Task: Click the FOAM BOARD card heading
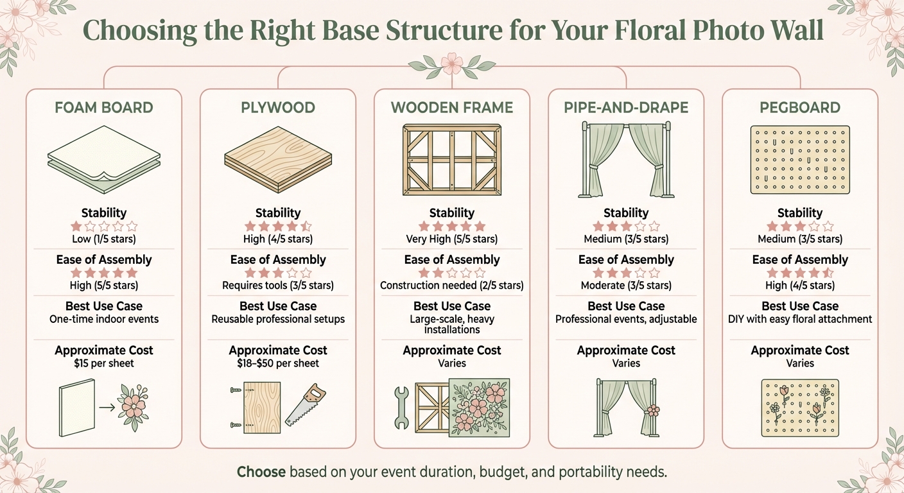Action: click(x=104, y=107)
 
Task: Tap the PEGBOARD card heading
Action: click(x=799, y=107)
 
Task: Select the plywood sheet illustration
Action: click(x=278, y=158)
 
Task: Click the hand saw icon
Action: click(x=304, y=404)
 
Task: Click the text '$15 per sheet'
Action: click(x=104, y=363)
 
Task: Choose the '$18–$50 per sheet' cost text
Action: click(x=278, y=363)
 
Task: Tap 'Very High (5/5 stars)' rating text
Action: click(x=452, y=239)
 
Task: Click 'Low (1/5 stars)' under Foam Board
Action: click(x=104, y=239)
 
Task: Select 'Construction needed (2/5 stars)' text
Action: click(x=452, y=285)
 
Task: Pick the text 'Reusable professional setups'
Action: click(x=278, y=319)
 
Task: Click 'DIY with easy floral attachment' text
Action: click(x=799, y=319)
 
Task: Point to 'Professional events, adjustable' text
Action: click(x=626, y=319)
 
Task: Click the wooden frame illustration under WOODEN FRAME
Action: click(x=451, y=159)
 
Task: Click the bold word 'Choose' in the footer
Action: click(x=261, y=472)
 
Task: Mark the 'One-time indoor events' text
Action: click(x=104, y=319)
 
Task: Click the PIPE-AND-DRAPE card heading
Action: click(x=626, y=107)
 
